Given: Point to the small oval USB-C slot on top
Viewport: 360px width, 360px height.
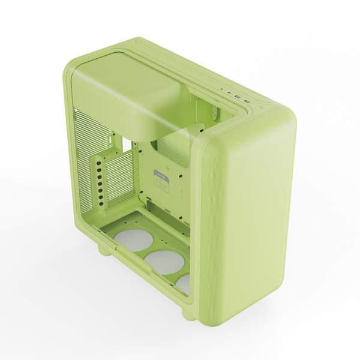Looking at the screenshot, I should pyautogui.click(x=230, y=94).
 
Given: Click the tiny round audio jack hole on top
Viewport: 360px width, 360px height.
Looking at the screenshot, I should pyautogui.click(x=223, y=91).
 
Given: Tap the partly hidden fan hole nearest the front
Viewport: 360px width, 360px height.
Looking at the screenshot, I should pyautogui.click(x=184, y=282).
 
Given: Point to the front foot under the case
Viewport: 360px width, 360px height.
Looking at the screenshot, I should pyautogui.click(x=188, y=312).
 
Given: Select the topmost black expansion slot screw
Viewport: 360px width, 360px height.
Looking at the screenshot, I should pyautogui.click(x=97, y=161).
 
